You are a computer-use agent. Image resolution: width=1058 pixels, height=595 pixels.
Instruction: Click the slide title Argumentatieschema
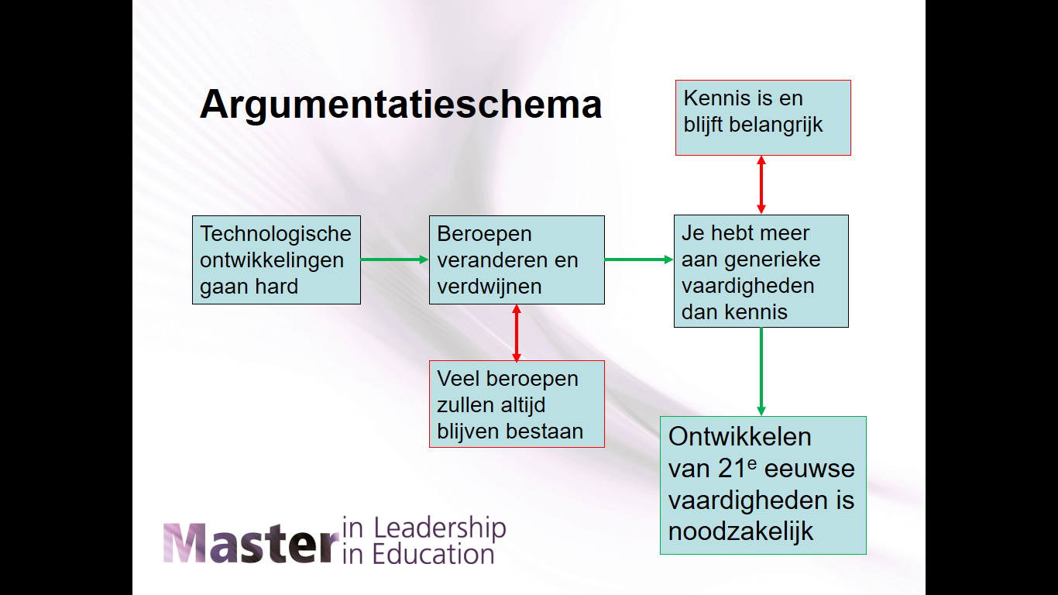(x=400, y=105)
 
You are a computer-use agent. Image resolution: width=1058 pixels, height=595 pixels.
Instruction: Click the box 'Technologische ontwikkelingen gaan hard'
(x=276, y=260)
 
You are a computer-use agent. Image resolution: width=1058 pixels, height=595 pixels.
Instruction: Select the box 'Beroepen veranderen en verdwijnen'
(x=517, y=260)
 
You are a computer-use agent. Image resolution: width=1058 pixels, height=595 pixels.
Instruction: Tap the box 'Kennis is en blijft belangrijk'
(x=763, y=118)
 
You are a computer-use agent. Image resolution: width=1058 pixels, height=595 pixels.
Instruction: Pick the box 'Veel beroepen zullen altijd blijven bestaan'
(x=517, y=404)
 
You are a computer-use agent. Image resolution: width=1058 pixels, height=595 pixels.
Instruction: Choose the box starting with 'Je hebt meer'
(x=761, y=271)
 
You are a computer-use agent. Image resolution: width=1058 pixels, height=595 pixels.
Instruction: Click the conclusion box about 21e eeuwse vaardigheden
(x=763, y=485)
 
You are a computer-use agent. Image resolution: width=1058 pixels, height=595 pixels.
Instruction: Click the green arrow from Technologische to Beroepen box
(x=394, y=260)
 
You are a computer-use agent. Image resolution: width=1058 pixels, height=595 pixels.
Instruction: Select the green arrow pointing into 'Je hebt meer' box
(x=639, y=260)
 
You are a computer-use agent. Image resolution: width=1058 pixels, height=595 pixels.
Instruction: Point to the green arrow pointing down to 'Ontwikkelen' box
(x=761, y=371)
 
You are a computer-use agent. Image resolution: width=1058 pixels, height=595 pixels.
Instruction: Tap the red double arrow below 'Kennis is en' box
(x=761, y=184)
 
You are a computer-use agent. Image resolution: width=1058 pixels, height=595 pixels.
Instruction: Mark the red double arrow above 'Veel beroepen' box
(x=517, y=332)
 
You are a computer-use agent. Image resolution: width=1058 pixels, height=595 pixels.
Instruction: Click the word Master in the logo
(x=250, y=542)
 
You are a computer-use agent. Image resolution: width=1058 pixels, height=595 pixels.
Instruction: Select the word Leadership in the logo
(x=439, y=528)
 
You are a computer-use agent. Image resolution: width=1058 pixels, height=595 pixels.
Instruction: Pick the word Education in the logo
(x=433, y=555)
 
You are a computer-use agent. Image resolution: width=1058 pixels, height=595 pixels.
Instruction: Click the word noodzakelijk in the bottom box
(x=740, y=531)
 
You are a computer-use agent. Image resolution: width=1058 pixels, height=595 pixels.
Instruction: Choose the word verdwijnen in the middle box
(x=489, y=287)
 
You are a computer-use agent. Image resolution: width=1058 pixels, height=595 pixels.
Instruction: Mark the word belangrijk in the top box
(x=777, y=125)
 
